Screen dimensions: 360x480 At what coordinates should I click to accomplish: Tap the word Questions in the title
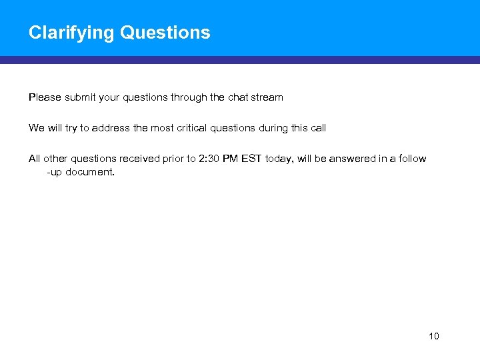[x=165, y=33]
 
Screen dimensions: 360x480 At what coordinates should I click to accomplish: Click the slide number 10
[x=434, y=336]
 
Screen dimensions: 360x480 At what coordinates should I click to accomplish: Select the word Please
[x=45, y=97]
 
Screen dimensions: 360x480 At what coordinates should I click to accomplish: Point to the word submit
[x=81, y=97]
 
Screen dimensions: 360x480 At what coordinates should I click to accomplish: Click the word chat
[x=238, y=97]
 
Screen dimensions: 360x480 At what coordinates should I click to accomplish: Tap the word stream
[x=267, y=97]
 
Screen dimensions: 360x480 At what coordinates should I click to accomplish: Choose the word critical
[x=195, y=128]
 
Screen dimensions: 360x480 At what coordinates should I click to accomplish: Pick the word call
[x=318, y=128]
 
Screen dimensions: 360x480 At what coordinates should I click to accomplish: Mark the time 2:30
[x=210, y=159]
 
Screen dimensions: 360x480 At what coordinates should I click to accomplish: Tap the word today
[x=279, y=159]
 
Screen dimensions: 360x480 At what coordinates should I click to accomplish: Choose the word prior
[x=173, y=159]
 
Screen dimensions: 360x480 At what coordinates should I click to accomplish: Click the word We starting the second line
[x=36, y=128]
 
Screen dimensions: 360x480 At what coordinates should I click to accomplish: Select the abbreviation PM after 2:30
[x=233, y=159]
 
